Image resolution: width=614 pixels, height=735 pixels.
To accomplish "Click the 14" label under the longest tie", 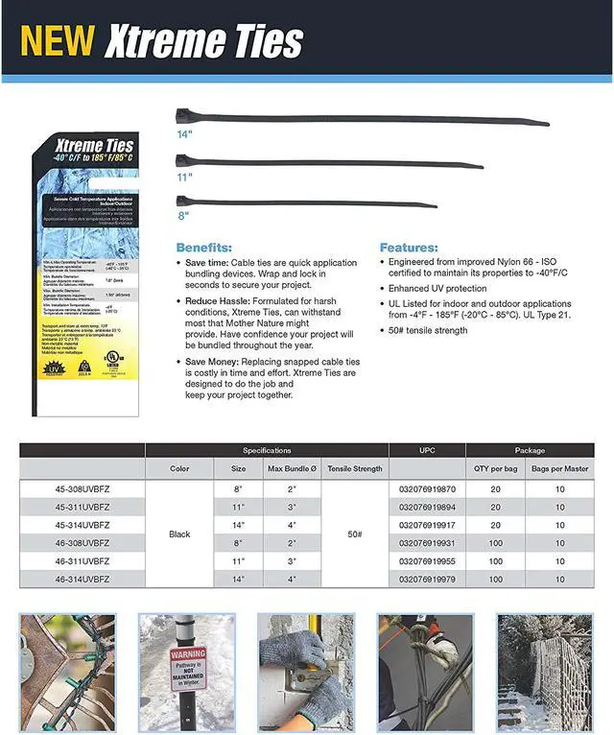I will pos(183,134).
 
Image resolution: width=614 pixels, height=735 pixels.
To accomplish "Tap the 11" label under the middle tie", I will pos(183,177).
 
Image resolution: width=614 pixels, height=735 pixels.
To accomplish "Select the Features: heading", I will pos(408,247).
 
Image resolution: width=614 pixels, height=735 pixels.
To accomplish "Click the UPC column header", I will pos(427,450).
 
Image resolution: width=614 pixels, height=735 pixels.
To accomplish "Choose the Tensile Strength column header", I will pos(355,469).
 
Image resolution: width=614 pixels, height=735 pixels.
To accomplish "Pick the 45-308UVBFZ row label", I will pos(83,489).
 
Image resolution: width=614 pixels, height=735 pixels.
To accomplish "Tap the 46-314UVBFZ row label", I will pos(83,580).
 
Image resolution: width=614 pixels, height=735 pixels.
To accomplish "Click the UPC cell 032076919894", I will pos(428,507).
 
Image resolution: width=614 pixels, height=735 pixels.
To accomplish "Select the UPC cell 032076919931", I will pos(428,543).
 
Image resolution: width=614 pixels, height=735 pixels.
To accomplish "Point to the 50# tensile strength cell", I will pos(355,534).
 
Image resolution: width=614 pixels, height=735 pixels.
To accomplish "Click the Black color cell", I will pos(179,534).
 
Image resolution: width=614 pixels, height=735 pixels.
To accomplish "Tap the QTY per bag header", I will pos(496,469).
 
